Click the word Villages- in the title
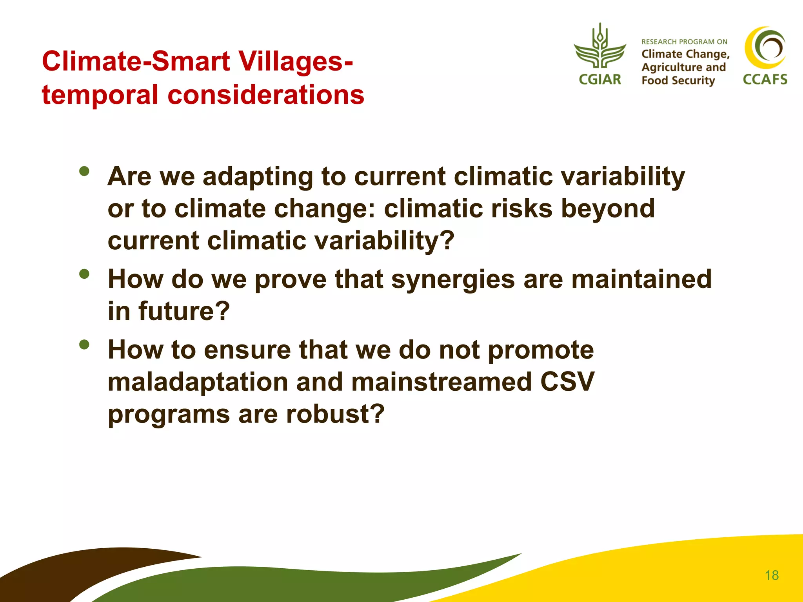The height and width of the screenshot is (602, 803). (296, 62)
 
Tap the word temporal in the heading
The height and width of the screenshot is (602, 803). (100, 95)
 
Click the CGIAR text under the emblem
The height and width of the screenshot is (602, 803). (600, 80)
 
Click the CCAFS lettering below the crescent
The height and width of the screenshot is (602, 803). (765, 80)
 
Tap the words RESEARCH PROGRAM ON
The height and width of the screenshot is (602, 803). (684, 42)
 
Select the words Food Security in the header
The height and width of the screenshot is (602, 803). (678, 80)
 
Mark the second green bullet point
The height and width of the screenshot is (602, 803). (84, 274)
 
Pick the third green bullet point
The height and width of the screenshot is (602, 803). (84, 345)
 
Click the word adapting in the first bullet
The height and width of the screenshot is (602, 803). (258, 177)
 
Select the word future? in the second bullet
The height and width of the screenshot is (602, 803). (184, 311)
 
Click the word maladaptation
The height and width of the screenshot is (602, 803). (198, 382)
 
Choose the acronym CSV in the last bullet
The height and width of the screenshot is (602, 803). (567, 382)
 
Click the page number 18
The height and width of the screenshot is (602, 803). (771, 575)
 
